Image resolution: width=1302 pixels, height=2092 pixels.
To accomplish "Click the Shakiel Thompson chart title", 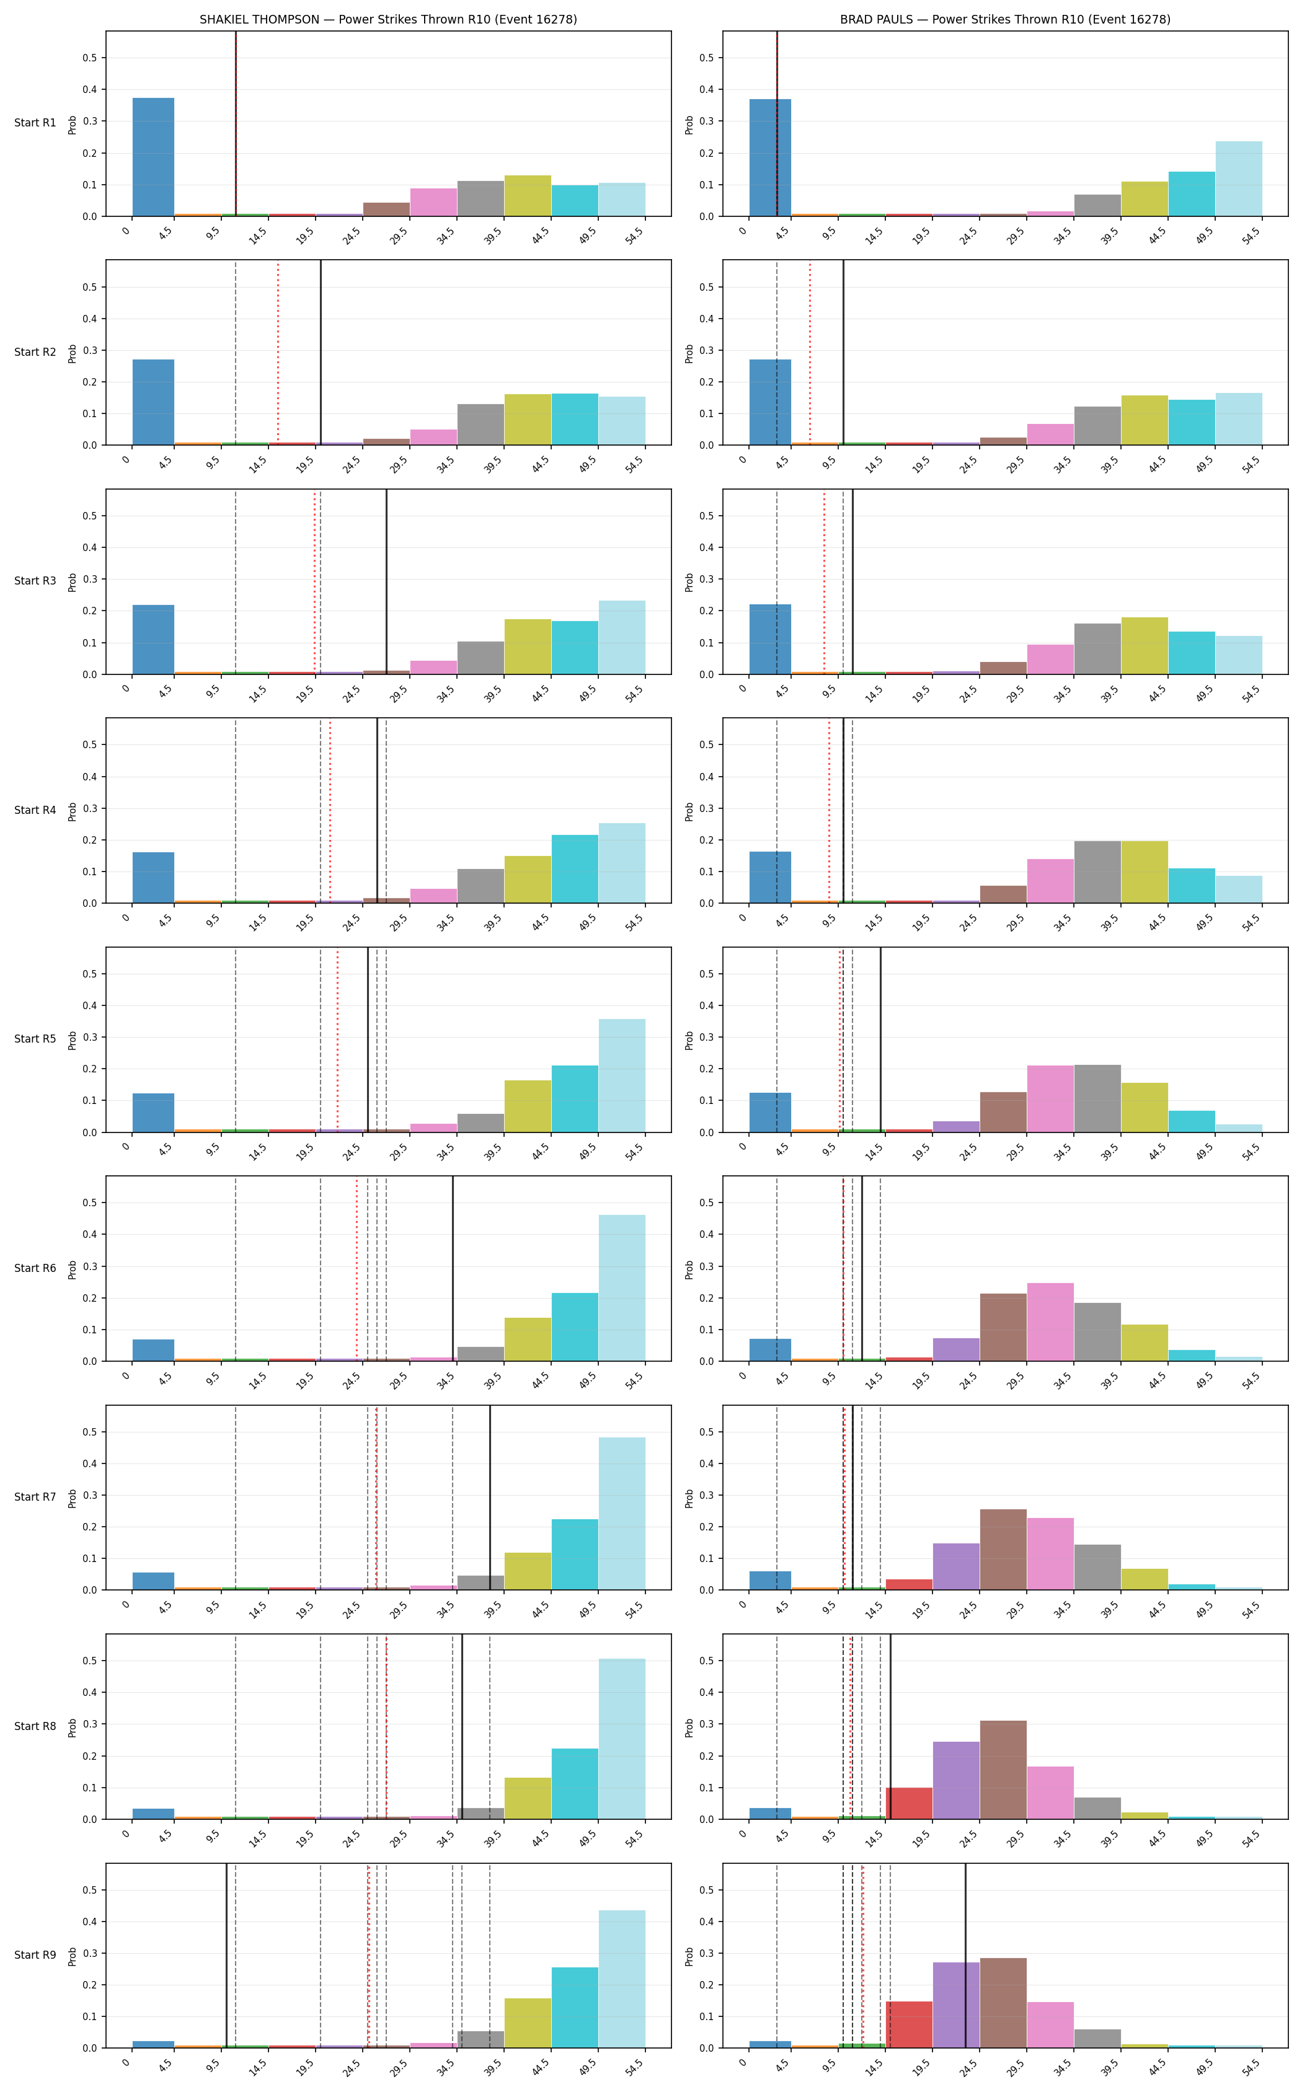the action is point(388,19).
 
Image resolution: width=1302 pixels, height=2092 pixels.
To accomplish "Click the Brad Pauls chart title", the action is point(1005,19).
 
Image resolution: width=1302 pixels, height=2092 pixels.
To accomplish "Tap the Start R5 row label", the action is point(35,1039).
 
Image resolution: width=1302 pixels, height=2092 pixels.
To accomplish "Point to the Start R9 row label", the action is point(35,1955).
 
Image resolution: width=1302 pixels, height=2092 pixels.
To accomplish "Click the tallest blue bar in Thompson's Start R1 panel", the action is point(153,157).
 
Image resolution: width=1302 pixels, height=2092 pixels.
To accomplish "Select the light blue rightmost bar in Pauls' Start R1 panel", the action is point(1238,179).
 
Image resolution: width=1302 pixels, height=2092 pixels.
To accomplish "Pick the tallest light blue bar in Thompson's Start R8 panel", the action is point(622,1739).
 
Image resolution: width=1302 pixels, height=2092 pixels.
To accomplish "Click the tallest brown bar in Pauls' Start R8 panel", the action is point(1003,1770).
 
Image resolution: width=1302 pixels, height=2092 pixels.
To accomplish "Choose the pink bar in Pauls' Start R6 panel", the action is point(1050,1322).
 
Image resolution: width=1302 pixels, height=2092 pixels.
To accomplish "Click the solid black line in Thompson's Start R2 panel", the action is point(321,353).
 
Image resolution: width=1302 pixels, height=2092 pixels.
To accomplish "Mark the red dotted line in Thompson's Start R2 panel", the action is point(278,353).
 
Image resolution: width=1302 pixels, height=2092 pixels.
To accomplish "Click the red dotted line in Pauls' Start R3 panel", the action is point(824,582).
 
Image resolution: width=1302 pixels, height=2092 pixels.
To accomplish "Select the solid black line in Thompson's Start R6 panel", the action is point(453,1269).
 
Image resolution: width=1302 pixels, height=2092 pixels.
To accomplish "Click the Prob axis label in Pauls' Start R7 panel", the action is point(689,1498).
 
